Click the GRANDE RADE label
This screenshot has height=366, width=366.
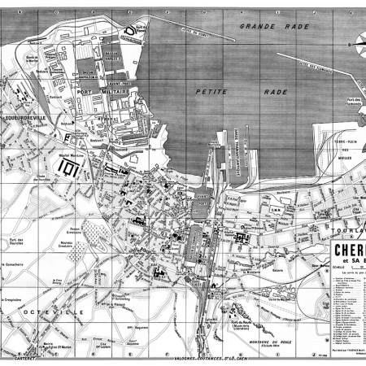(x=265, y=28)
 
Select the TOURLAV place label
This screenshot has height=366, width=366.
(x=347, y=229)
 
